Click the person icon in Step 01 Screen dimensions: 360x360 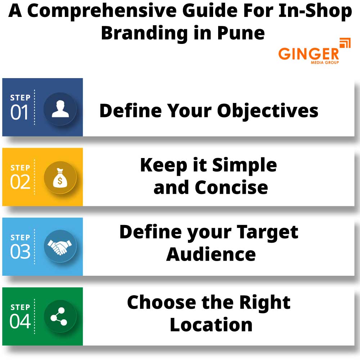tap(60, 109)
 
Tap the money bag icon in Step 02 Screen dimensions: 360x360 tap(60, 179)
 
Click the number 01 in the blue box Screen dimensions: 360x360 tap(19, 112)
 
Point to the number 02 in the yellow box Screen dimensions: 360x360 tap(20, 182)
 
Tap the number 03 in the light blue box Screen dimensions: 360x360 tap(20, 252)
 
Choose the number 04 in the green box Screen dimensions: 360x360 tap(20, 321)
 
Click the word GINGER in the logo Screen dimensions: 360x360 tap(309, 54)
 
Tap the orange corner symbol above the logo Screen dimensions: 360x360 tap(345, 43)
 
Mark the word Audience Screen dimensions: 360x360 tap(211, 254)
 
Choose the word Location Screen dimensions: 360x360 tap(211, 324)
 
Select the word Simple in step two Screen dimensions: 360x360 tap(244, 165)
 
